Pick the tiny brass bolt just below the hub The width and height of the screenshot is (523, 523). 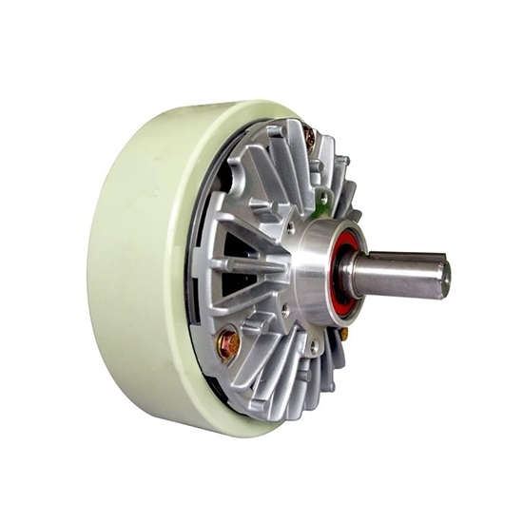(x=343, y=335)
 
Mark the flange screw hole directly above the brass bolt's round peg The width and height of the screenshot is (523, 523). (x=284, y=311)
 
